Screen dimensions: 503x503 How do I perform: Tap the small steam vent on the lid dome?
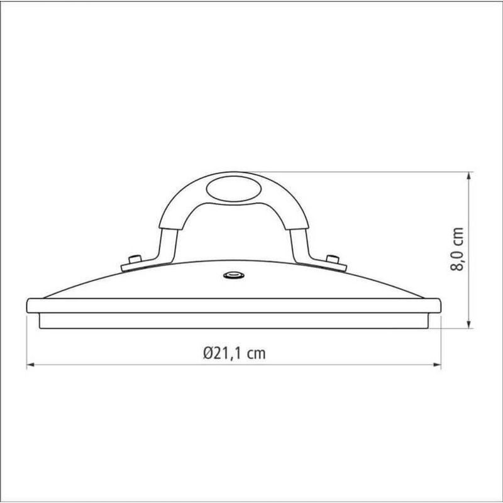click(x=235, y=275)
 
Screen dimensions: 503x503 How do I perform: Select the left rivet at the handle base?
click(x=133, y=259)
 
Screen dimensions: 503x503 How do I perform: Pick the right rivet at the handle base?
click(x=333, y=259)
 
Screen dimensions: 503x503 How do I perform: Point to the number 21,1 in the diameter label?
click(x=230, y=353)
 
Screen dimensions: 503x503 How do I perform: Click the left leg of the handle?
click(x=167, y=242)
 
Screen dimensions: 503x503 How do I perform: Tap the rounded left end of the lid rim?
click(x=30, y=306)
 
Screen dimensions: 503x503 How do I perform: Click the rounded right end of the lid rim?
click(x=438, y=306)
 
